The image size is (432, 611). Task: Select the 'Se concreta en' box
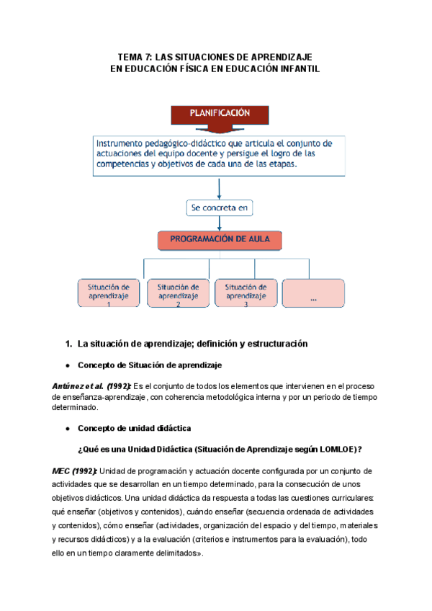pyautogui.click(x=219, y=208)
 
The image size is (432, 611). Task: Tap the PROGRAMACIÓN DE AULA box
pyautogui.click(x=220, y=240)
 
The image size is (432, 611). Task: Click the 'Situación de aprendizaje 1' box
pyautogui.click(x=109, y=292)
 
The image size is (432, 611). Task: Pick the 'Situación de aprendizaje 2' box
pyautogui.click(x=178, y=292)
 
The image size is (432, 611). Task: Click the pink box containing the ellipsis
pyautogui.click(x=313, y=292)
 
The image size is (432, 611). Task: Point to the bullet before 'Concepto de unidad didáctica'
pyautogui.click(x=67, y=427)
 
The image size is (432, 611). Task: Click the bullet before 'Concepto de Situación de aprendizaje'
pyautogui.click(x=67, y=365)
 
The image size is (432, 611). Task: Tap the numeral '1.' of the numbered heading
pyautogui.click(x=69, y=344)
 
